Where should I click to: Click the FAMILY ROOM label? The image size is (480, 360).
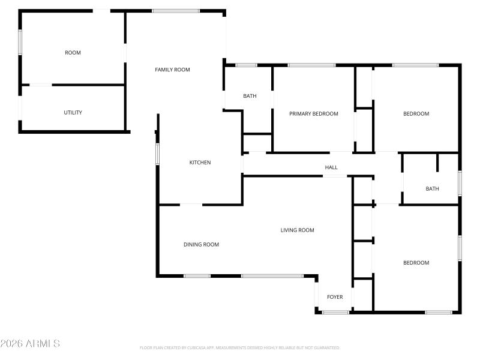pos(172,70)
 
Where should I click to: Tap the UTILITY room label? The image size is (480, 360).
pos(73,112)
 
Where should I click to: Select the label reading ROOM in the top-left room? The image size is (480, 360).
pos(73,53)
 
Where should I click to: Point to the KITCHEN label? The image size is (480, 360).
pos(200,163)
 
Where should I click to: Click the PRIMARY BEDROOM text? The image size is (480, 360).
pos(313,113)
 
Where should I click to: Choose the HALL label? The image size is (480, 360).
pos(331,167)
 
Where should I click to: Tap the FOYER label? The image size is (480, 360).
pos(335,297)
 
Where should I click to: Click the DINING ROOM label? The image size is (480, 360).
pos(201,244)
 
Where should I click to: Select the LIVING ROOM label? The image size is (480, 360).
pos(297,230)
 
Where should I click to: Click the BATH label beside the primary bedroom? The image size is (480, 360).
pos(250,96)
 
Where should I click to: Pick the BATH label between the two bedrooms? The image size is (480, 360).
pos(432,188)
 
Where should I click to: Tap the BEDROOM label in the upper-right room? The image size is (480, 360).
pos(416,113)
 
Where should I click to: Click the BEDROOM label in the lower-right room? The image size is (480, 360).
pos(416,263)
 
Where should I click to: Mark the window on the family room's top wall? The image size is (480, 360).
pos(176,11)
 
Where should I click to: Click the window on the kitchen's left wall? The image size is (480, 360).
pos(157,154)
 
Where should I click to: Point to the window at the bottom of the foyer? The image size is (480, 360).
pos(335,312)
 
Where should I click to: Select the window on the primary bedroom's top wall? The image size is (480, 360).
pos(311,65)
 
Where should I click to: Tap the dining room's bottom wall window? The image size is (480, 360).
pos(197,276)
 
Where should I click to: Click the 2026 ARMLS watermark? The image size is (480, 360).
pos(30,344)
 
